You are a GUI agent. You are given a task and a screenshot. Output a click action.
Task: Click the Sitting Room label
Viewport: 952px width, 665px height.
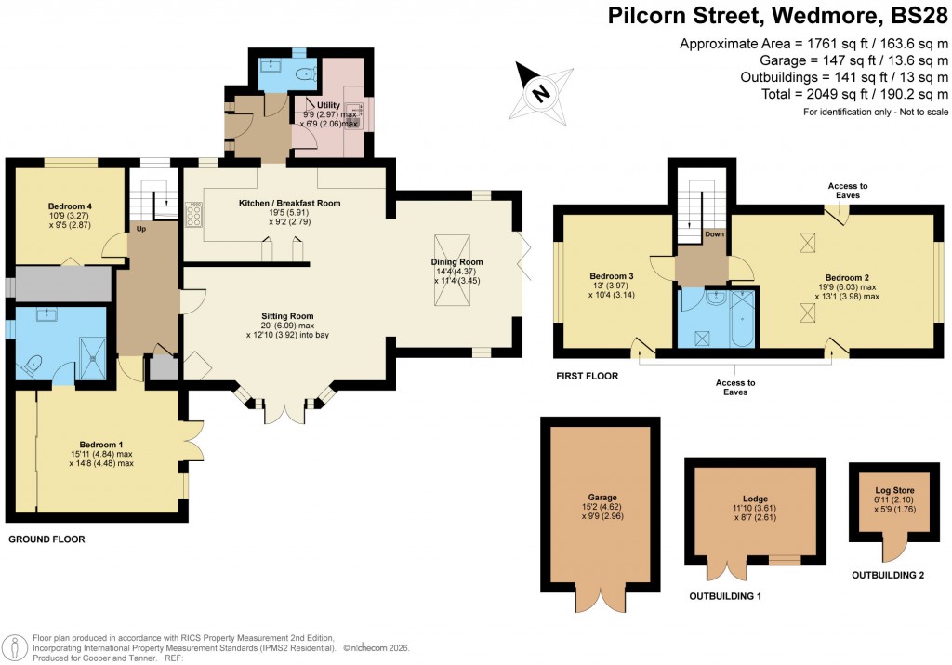tap(281, 316)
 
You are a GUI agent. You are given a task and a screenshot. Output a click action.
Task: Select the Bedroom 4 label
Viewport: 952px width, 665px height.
tap(71, 206)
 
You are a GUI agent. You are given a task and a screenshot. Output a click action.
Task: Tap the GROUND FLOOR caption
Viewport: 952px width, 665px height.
tap(47, 539)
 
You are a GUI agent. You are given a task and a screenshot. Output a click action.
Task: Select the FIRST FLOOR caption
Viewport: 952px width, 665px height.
tap(586, 377)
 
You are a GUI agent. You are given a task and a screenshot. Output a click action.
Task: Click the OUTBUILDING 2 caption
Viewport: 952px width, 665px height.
tap(888, 576)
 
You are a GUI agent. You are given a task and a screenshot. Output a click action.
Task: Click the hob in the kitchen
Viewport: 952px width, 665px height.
tap(196, 215)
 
